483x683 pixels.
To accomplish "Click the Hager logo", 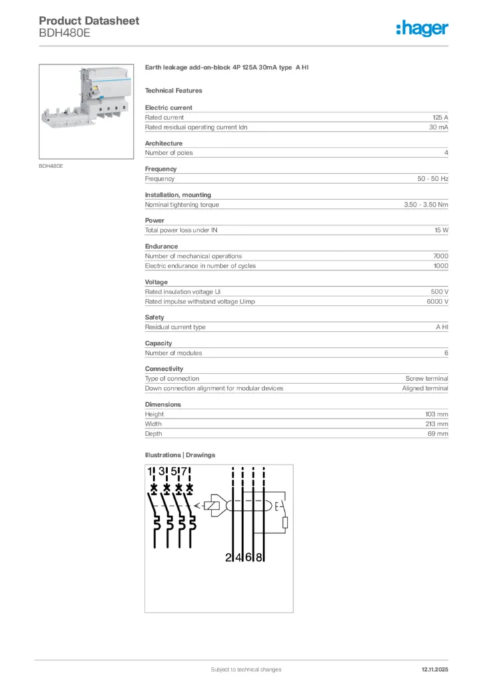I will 422,28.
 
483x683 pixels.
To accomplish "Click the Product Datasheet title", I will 89,21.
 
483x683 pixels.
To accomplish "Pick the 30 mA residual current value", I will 438,127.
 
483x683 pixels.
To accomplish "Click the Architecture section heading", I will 163,143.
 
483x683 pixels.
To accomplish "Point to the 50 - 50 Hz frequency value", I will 432,179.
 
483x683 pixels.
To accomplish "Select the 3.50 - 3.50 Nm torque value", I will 426,205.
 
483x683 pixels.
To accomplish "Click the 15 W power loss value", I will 441,230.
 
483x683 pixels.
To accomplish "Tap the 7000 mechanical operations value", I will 440,256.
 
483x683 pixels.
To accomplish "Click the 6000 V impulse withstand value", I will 438,301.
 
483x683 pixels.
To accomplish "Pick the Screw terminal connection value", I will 427,378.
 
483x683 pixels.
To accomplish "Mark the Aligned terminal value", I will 425,388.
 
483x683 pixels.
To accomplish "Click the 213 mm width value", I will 437,424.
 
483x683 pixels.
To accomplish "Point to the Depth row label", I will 153,434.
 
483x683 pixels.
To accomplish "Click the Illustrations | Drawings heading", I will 180,455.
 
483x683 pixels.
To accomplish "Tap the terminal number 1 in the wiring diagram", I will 150,472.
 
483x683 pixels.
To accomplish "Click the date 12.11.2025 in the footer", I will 434,669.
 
